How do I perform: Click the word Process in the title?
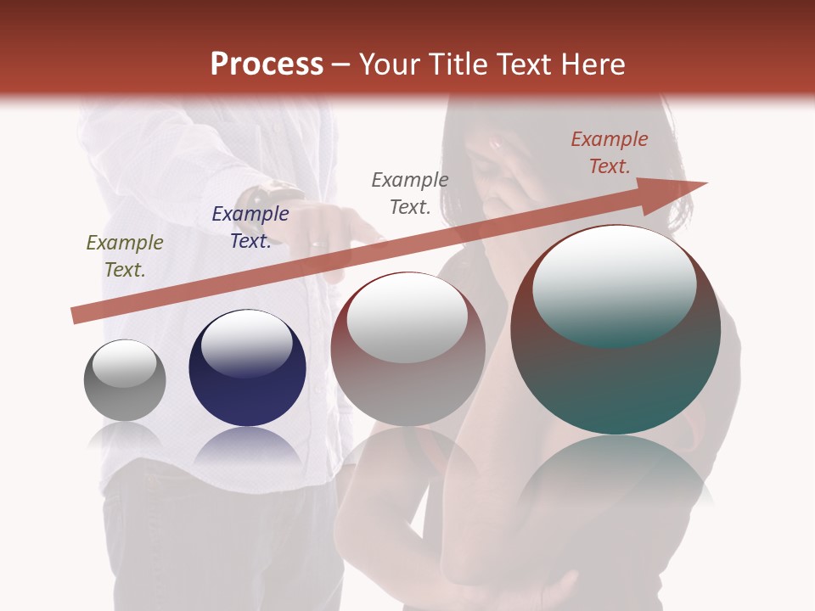[267, 64]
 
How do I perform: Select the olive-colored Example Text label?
[125, 256]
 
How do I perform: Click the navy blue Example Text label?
[250, 227]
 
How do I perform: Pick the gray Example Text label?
[410, 193]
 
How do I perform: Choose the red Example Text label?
[610, 153]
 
